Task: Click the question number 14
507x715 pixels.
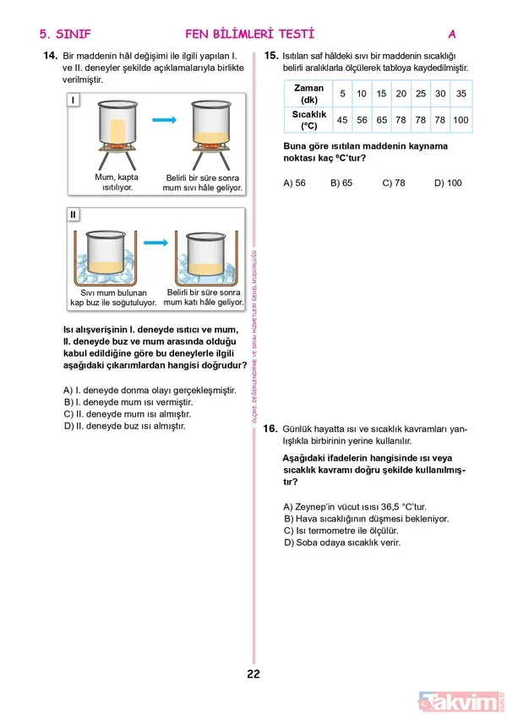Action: tap(48, 56)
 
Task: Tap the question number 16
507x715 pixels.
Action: tap(270, 429)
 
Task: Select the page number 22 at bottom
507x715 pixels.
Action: tap(253, 674)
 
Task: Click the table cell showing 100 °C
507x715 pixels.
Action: tap(461, 120)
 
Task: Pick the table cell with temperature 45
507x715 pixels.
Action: tap(342, 120)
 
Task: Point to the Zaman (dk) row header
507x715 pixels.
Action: tap(308, 93)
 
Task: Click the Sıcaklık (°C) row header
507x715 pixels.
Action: tap(308, 120)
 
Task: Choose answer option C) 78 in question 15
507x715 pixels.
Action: tap(394, 183)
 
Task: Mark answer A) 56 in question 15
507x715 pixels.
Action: tap(295, 183)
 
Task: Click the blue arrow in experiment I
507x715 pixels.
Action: tap(163, 121)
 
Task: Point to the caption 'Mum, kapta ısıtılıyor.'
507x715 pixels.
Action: tap(117, 183)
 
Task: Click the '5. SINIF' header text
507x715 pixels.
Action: tap(64, 35)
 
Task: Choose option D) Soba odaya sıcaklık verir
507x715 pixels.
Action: tap(342, 543)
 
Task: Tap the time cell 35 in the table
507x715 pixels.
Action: tap(461, 93)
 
